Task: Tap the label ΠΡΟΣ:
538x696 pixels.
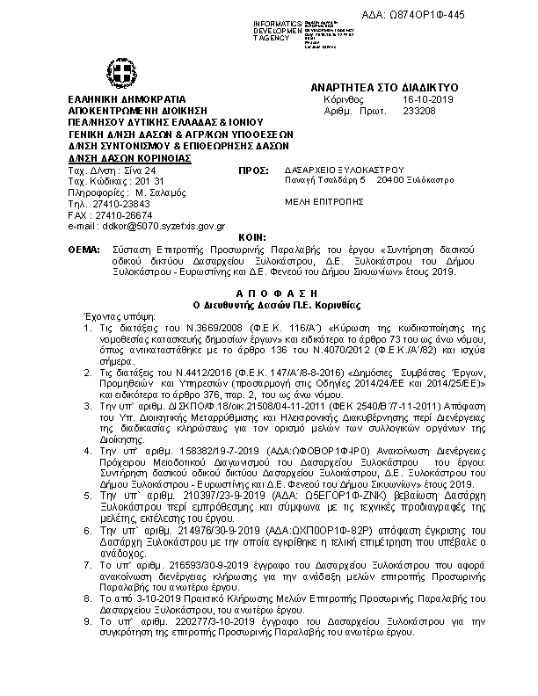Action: (x=253, y=169)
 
